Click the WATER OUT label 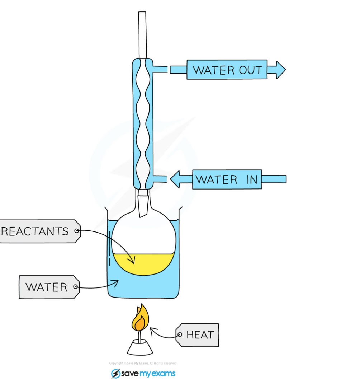(x=227, y=70)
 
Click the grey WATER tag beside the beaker (x=49, y=287)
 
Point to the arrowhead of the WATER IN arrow (x=176, y=179)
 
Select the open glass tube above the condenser (x=142, y=34)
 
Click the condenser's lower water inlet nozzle (x=160, y=178)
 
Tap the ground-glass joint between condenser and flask (x=143, y=205)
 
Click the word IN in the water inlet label (x=252, y=179)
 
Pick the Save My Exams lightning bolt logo (x=115, y=374)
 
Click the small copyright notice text (x=143, y=364)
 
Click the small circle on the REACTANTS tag (x=76, y=231)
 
